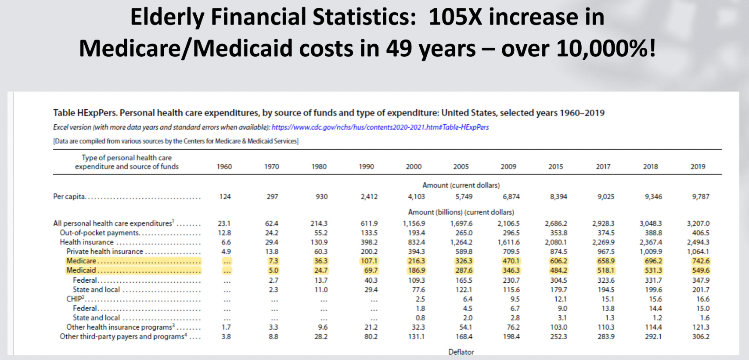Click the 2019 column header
pyautogui.click(x=698, y=166)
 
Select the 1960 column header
pyautogui.click(x=224, y=166)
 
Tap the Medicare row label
pyautogui.click(x=81, y=261)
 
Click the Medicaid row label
pyautogui.click(x=81, y=270)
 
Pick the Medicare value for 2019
pyautogui.click(x=701, y=261)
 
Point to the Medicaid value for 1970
pyautogui.click(x=273, y=270)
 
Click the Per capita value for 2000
pyautogui.click(x=416, y=197)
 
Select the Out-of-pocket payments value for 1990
pyautogui.click(x=369, y=233)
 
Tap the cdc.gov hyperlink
pyautogui.click(x=380, y=127)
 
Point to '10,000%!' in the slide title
pyautogui.click(x=606, y=48)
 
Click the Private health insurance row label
pyautogui.click(x=104, y=252)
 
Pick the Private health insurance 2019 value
pyautogui.click(x=698, y=252)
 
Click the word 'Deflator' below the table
pyautogui.click(x=461, y=352)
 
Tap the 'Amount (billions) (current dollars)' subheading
pyautogui.click(x=461, y=212)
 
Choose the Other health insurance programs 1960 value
pyautogui.click(x=226, y=327)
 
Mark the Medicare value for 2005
pyautogui.click(x=464, y=261)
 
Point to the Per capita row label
pyautogui.click(x=69, y=197)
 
